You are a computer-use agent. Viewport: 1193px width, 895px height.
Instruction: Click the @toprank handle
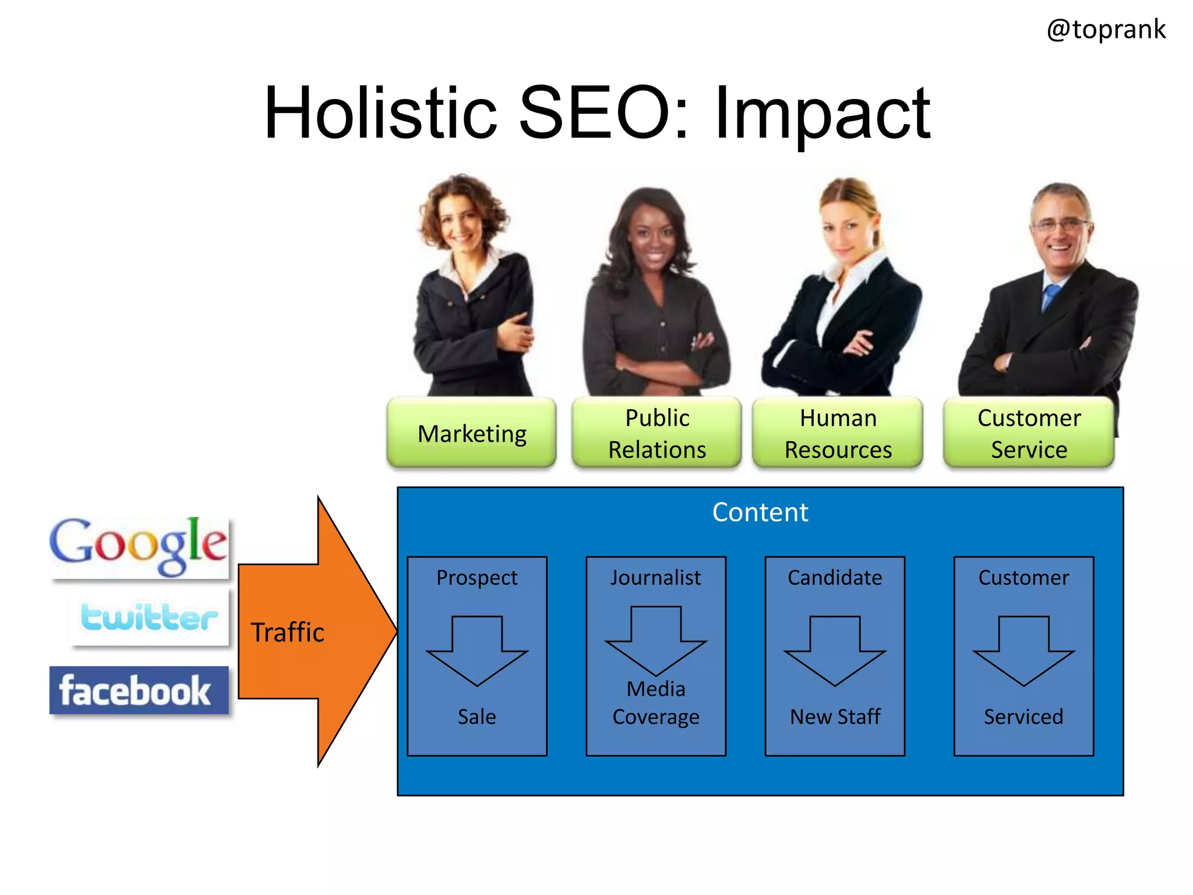(1106, 29)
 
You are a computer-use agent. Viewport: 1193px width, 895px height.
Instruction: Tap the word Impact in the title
(822, 114)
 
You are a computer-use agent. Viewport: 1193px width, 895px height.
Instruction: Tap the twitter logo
(149, 617)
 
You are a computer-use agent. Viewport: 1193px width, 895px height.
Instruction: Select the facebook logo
(139, 690)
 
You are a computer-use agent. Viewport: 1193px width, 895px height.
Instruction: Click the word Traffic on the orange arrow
(287, 632)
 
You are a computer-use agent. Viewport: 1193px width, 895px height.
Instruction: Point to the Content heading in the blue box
(760, 513)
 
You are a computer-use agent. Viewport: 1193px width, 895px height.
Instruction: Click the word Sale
(477, 717)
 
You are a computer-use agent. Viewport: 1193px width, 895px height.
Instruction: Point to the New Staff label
(835, 717)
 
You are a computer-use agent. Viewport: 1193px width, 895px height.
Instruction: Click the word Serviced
(1023, 717)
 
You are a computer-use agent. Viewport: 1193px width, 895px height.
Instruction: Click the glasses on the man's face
(1060, 225)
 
